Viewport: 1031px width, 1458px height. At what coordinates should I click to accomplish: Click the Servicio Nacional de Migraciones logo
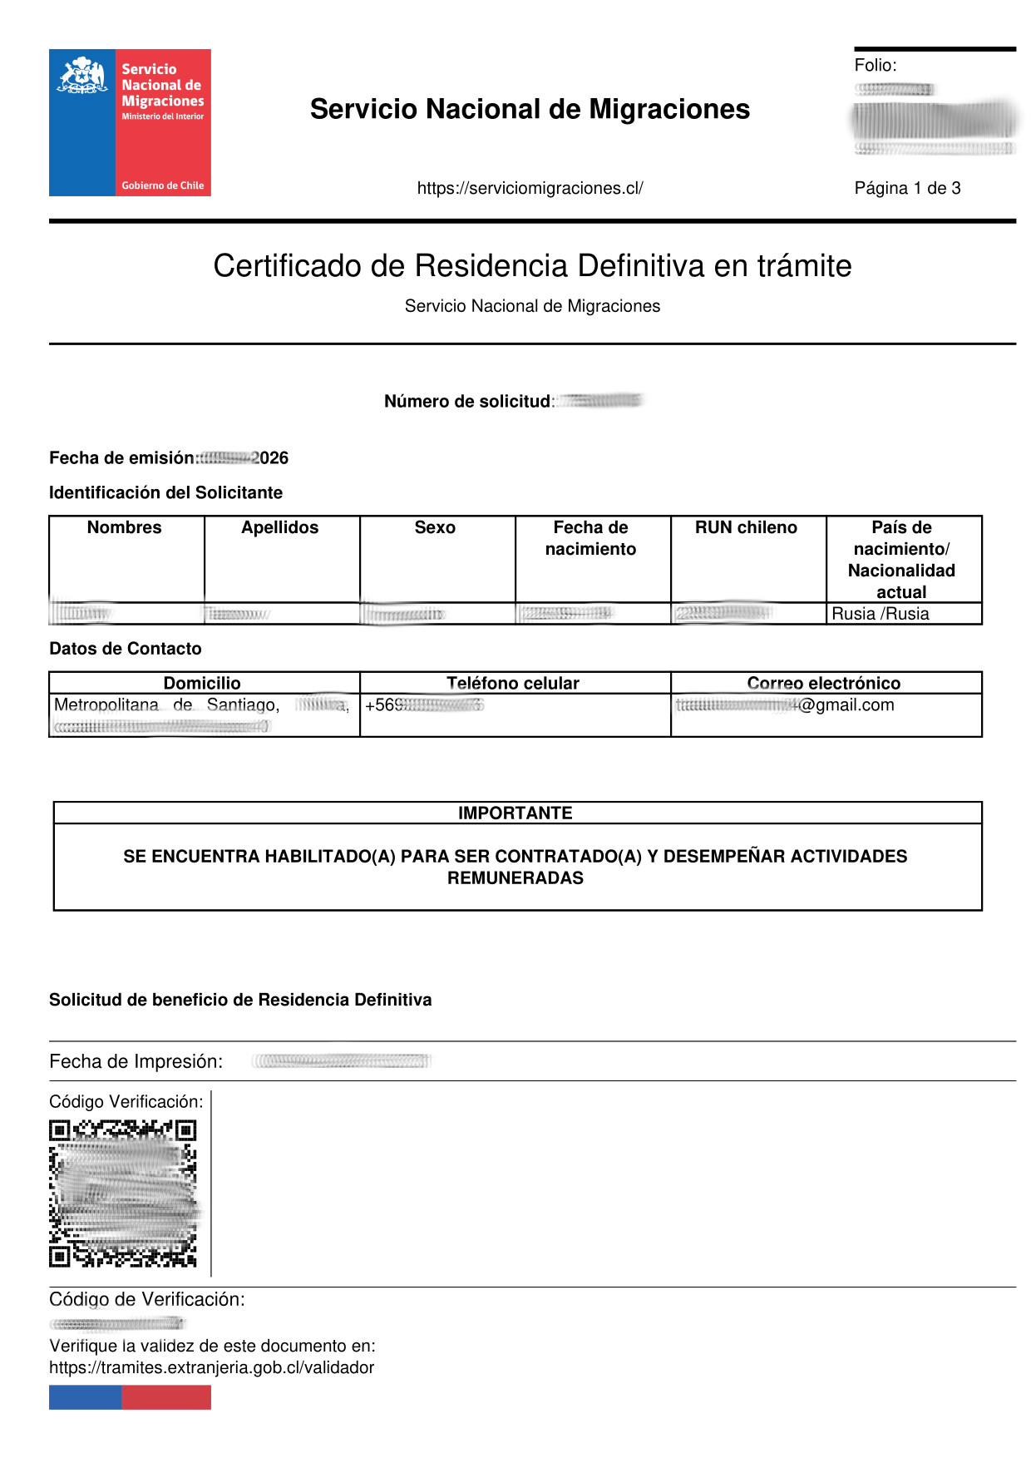click(x=130, y=122)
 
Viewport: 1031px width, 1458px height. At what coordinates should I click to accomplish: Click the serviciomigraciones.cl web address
click(x=530, y=189)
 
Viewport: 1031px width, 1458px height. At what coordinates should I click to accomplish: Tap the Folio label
click(x=875, y=66)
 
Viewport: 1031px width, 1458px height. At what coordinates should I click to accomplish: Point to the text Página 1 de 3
click(x=907, y=189)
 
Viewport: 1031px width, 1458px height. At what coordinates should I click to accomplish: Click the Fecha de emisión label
click(x=122, y=458)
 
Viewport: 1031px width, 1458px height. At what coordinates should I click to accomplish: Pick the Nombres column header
click(x=125, y=528)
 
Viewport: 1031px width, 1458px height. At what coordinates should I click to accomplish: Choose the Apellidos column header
click(x=280, y=528)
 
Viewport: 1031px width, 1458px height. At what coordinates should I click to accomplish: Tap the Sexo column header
click(x=435, y=528)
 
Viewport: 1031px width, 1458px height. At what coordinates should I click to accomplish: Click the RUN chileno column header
click(x=746, y=528)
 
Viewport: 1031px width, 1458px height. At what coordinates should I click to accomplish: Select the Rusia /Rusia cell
click(x=881, y=615)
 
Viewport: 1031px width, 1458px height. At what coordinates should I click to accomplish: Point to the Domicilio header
click(x=202, y=684)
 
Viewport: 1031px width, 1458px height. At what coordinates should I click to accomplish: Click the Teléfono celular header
click(x=513, y=684)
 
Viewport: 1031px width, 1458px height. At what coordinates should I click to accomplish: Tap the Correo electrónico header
click(x=823, y=684)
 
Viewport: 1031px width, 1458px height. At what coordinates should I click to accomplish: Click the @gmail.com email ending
click(x=846, y=705)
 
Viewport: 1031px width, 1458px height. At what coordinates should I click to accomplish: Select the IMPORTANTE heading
click(x=515, y=813)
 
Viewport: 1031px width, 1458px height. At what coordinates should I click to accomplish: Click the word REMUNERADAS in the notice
click(x=515, y=878)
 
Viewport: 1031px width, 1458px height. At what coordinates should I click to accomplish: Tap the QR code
click(x=123, y=1194)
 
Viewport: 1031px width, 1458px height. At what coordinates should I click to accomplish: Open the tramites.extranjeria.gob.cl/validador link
click(x=211, y=1368)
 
